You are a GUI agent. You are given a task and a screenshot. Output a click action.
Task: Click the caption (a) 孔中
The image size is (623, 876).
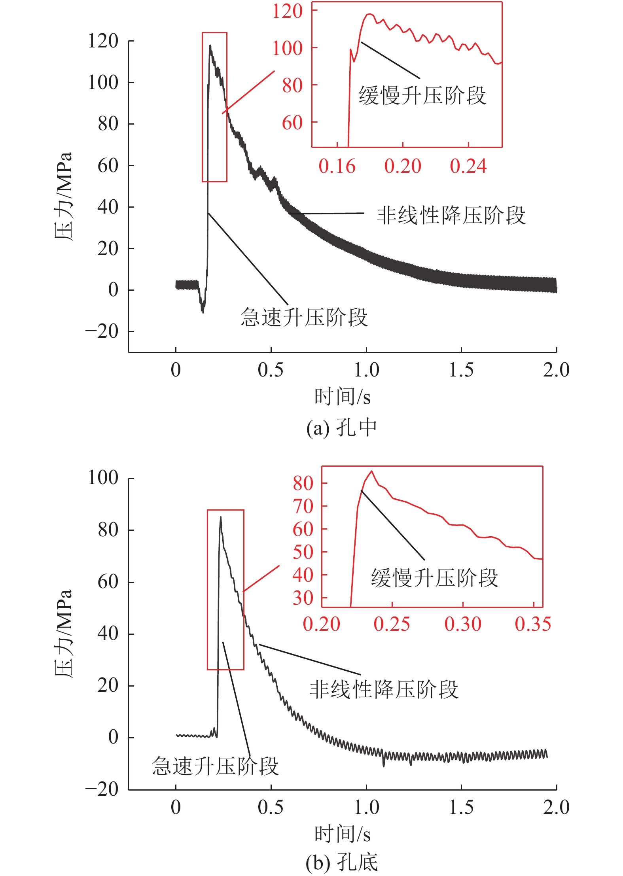pos(342,428)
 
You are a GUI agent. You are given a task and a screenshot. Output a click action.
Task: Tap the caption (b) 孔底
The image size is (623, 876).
pos(342,863)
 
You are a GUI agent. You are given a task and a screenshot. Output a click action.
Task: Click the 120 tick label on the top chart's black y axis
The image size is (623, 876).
pos(103,41)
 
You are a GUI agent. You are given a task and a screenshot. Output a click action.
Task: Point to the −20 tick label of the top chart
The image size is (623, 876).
pos(102,331)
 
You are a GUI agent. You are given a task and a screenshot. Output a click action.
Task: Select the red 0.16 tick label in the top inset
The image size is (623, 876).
pos(337,166)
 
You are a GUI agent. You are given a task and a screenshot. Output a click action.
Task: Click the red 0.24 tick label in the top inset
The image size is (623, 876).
pos(468,166)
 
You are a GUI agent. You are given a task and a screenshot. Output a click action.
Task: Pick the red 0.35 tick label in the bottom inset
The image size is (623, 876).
pos(533,624)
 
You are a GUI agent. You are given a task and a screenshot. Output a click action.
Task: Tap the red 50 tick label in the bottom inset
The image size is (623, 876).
pos(303,552)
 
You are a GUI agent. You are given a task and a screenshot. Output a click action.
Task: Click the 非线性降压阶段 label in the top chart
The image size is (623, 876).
pos(451,216)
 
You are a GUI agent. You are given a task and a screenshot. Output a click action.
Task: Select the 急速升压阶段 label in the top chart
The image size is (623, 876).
pos(304,318)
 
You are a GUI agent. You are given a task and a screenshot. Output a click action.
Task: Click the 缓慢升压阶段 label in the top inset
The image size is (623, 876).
pos(422,96)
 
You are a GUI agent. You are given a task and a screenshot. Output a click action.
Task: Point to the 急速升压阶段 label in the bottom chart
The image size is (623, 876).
pos(216,766)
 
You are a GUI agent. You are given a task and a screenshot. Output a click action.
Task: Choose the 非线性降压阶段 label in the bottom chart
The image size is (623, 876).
pos(384,690)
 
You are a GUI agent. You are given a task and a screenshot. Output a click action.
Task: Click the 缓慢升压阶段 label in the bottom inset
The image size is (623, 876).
pos(434,578)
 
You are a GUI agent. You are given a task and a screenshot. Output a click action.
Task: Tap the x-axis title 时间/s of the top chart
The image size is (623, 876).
pos(343,397)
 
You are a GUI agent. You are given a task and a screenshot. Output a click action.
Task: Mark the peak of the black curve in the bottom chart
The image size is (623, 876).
pos(220,517)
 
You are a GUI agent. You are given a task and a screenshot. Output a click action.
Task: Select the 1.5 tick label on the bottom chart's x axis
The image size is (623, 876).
pos(461,807)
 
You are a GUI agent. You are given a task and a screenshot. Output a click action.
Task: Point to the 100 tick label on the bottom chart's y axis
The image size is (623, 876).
pos(103,478)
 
